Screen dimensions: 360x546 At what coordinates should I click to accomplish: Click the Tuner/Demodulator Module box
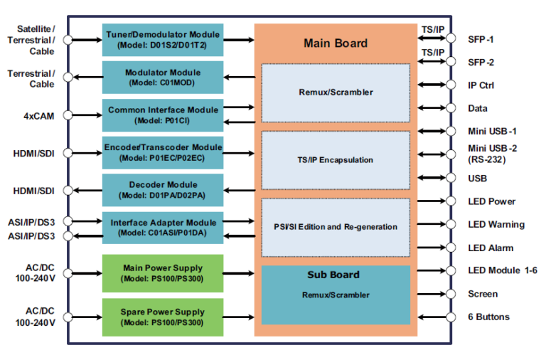pyautogui.click(x=163, y=39)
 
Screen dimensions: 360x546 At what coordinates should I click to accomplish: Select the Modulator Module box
pyautogui.click(x=163, y=77)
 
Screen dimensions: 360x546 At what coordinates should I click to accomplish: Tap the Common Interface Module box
pyautogui.click(x=163, y=115)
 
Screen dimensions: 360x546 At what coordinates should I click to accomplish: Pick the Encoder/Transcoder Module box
pyautogui.click(x=163, y=152)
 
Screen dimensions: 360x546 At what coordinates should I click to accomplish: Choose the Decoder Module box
pyautogui.click(x=163, y=190)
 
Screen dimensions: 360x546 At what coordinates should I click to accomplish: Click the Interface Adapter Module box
pyautogui.click(x=163, y=228)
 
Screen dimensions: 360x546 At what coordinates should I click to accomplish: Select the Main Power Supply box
pyautogui.click(x=163, y=272)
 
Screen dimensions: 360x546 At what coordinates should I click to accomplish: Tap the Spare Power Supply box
pyautogui.click(x=163, y=317)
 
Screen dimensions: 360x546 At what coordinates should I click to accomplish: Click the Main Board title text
pyautogui.click(x=336, y=43)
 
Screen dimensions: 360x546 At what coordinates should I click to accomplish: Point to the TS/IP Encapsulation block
pyautogui.click(x=336, y=160)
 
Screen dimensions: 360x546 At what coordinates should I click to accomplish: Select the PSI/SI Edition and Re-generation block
pyautogui.click(x=336, y=227)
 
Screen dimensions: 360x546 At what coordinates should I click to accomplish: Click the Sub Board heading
pyautogui.click(x=333, y=275)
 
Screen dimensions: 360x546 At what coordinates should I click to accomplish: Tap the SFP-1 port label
pyautogui.click(x=481, y=39)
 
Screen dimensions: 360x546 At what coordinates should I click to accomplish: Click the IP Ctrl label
pyautogui.click(x=481, y=85)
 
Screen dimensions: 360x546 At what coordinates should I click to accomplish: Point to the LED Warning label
pyautogui.click(x=496, y=225)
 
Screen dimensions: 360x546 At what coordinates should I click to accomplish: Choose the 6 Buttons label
pyautogui.click(x=488, y=317)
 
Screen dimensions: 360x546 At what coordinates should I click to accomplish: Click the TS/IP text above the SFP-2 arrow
pyautogui.click(x=432, y=53)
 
